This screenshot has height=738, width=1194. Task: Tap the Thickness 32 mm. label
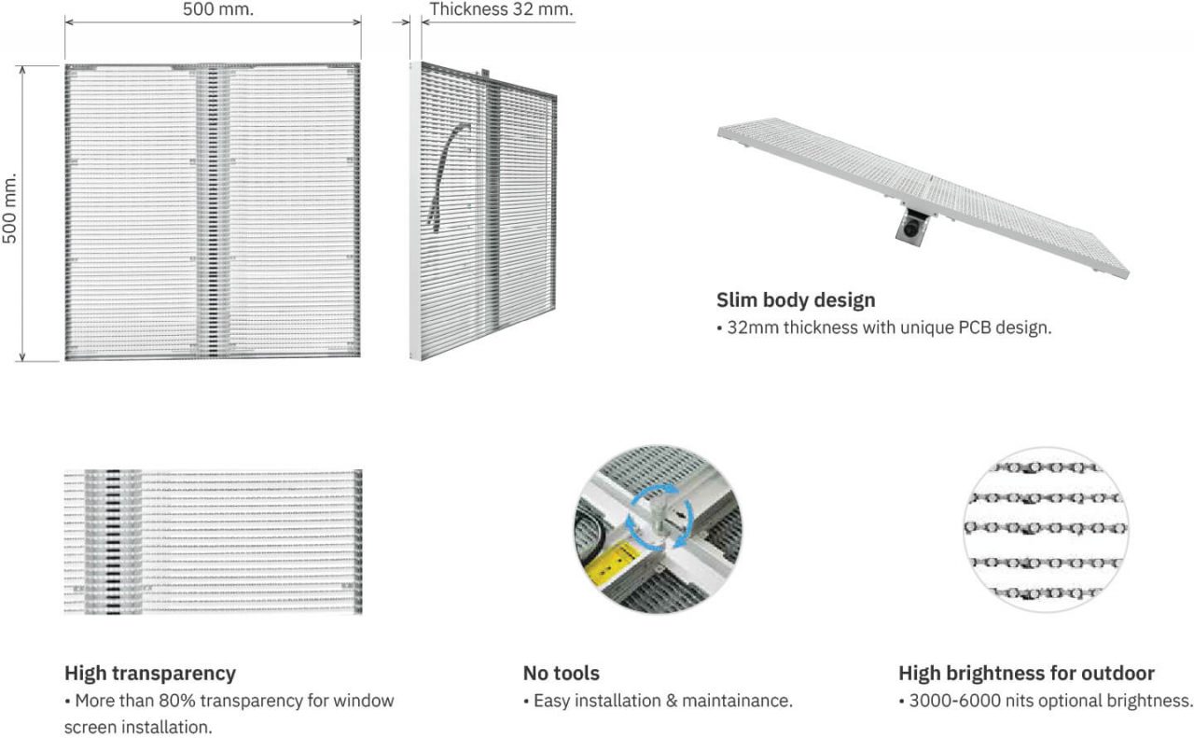point(501,10)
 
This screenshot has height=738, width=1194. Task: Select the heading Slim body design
point(796,300)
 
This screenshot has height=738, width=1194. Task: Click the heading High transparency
point(150,673)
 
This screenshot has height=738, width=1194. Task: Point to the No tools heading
point(561,673)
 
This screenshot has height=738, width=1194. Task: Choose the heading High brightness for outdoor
point(1026,673)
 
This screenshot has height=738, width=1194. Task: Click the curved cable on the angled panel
point(446,174)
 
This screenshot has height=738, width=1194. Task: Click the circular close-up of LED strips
point(1045,529)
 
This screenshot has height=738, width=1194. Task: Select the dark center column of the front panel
point(212,212)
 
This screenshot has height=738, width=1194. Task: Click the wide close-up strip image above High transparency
point(213,542)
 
